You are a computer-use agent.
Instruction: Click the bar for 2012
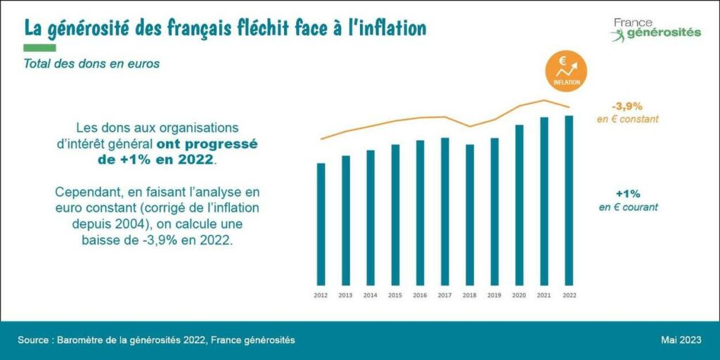click(x=321, y=221)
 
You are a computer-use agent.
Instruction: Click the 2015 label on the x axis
click(x=395, y=296)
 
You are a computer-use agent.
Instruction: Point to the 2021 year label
click(x=544, y=296)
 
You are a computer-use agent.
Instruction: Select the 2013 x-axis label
click(x=345, y=296)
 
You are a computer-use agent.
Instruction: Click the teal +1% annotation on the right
click(x=628, y=193)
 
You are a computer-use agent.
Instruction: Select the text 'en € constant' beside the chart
click(x=627, y=120)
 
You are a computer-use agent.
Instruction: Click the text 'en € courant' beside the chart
click(x=628, y=207)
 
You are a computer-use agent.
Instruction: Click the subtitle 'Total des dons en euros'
click(x=91, y=63)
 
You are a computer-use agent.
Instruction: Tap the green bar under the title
click(x=39, y=48)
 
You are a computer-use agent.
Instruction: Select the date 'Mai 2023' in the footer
click(x=681, y=340)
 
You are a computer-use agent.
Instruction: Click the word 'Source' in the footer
click(x=34, y=340)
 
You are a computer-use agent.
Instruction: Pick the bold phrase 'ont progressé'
click(x=207, y=143)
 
